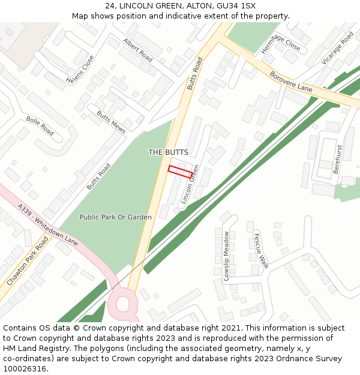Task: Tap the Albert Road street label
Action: click(x=138, y=50)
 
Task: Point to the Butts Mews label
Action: click(x=111, y=122)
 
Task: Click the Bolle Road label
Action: click(x=40, y=125)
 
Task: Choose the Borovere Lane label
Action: click(x=292, y=82)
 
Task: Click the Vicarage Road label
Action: click(x=337, y=48)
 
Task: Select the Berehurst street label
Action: click(x=337, y=159)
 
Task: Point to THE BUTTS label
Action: click(x=168, y=152)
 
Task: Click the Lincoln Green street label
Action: click(x=190, y=184)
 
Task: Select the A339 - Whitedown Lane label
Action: click(x=47, y=225)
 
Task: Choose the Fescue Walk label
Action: click(x=260, y=250)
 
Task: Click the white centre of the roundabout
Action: click(x=122, y=304)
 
